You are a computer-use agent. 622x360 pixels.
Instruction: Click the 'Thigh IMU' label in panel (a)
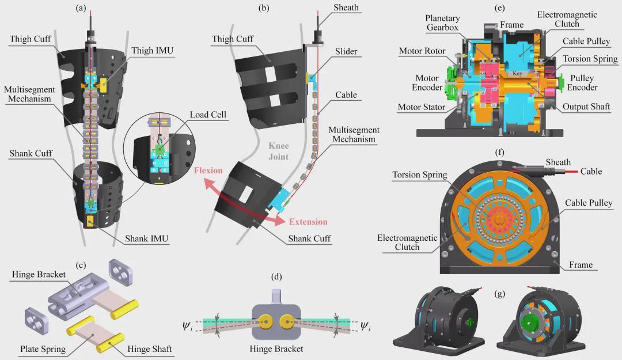pos(152,51)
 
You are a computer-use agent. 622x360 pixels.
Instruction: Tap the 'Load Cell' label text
pos(208,115)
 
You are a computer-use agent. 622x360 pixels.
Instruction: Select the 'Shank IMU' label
pos(146,238)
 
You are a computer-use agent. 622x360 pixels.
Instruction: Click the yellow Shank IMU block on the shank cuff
pos(90,221)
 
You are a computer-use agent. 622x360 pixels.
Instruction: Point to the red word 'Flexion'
pos(208,170)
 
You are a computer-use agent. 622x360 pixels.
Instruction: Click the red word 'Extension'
pos(308,222)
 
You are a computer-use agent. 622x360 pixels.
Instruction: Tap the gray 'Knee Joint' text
pos(279,151)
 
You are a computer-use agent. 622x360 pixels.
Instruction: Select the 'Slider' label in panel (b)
pos(346,51)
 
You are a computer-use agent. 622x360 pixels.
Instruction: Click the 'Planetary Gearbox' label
pos(442,22)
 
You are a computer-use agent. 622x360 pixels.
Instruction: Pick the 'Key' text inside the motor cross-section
pos(517,73)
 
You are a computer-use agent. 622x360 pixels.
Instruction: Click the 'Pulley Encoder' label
pos(582,82)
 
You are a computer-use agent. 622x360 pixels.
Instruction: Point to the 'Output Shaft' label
pos(586,107)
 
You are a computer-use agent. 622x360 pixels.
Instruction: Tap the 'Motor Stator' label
pos(421,107)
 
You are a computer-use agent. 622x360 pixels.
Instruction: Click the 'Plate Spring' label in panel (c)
pos(43,349)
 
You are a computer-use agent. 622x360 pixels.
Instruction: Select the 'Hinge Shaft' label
pos(150,349)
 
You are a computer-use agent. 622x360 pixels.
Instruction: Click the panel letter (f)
pos(500,152)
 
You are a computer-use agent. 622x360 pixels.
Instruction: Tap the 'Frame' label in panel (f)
pos(581,265)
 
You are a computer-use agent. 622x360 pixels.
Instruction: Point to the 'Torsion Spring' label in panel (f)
pos(420,175)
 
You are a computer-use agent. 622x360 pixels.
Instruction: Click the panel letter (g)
pos(500,294)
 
